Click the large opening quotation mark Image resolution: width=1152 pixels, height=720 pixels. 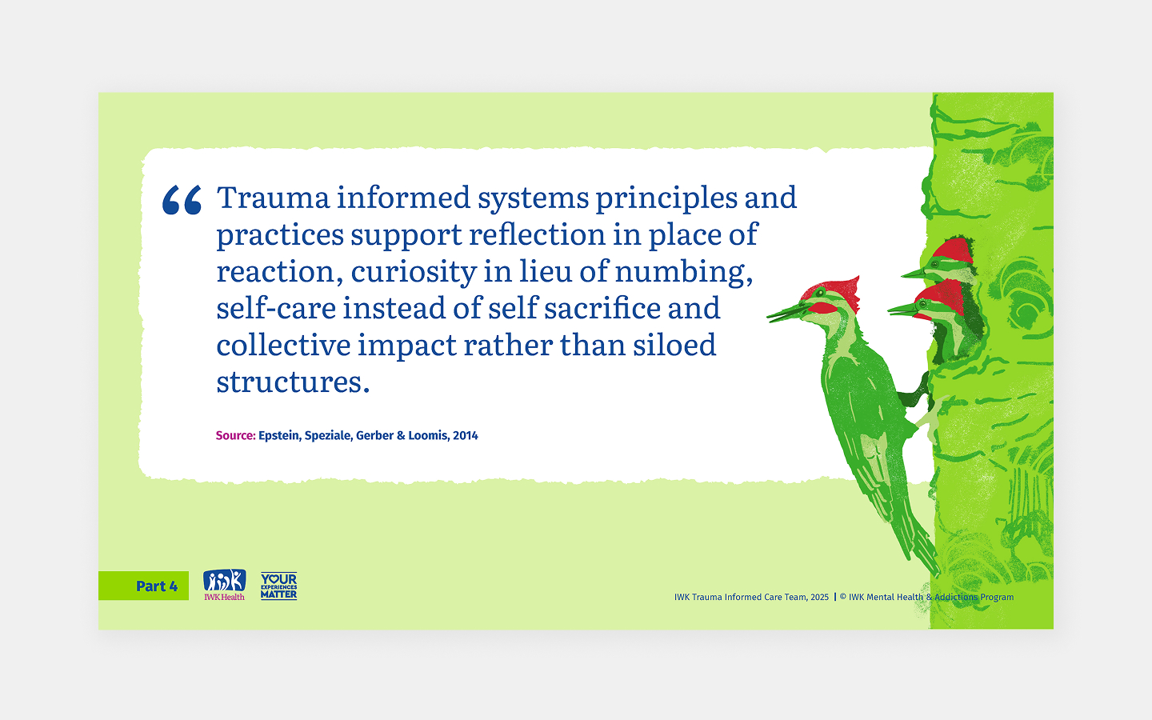point(182,200)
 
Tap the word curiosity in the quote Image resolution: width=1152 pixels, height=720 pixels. point(414,272)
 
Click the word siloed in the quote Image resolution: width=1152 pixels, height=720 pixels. point(674,346)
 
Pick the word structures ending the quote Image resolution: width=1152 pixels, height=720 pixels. point(293,382)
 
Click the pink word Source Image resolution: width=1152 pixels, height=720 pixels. point(235,436)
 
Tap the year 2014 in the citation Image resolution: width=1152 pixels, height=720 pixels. point(466,436)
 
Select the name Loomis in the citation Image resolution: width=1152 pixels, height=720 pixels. point(427,436)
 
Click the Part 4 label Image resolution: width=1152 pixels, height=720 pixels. point(156,586)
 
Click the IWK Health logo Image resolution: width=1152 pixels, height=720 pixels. point(224,585)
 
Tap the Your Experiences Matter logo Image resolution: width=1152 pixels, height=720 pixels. point(278,586)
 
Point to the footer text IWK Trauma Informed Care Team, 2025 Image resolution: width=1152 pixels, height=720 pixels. point(751,598)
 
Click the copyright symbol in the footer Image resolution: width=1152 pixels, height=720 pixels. point(843,598)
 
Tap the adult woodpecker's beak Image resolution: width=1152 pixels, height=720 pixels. point(785,313)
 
